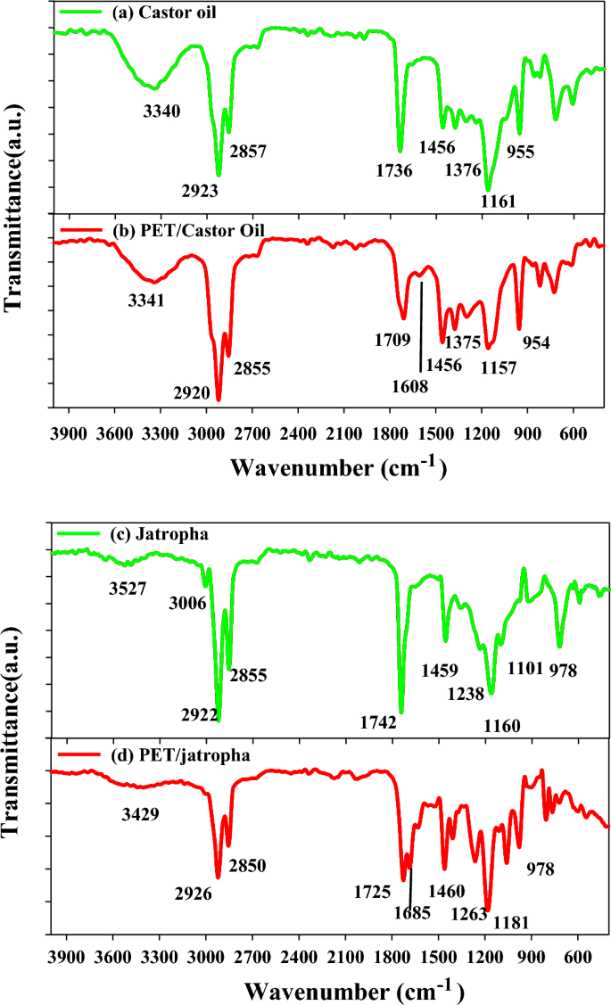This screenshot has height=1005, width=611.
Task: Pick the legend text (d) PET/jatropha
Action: tap(144, 755)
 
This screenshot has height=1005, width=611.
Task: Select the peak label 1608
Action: tap(409, 387)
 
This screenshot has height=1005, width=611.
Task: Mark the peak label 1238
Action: tap(465, 692)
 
